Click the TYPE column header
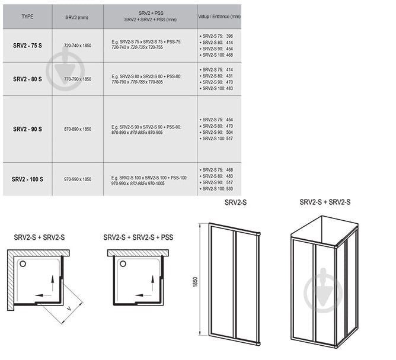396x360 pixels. (x=27, y=17)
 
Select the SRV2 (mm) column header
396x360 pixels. (x=77, y=17)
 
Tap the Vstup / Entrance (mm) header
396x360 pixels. (x=219, y=17)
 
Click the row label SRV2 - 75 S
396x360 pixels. (x=27, y=46)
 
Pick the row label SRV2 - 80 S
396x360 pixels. (x=27, y=79)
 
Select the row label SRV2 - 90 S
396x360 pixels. (x=27, y=129)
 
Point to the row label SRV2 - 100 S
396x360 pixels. (x=27, y=179)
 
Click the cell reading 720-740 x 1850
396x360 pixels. (x=78, y=46)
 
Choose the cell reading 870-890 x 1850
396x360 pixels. (x=78, y=129)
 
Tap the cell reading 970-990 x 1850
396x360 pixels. (x=78, y=179)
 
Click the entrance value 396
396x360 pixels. (x=229, y=36)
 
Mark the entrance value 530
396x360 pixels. (x=229, y=189)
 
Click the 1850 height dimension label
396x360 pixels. (x=195, y=282)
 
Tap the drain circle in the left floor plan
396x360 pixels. (x=23, y=264)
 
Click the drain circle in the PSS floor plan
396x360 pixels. (x=123, y=263)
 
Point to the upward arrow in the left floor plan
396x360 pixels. (x=53, y=283)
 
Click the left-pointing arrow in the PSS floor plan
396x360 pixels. (x=143, y=295)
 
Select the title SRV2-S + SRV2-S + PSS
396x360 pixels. (x=138, y=237)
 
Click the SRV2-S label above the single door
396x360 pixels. (x=235, y=202)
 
